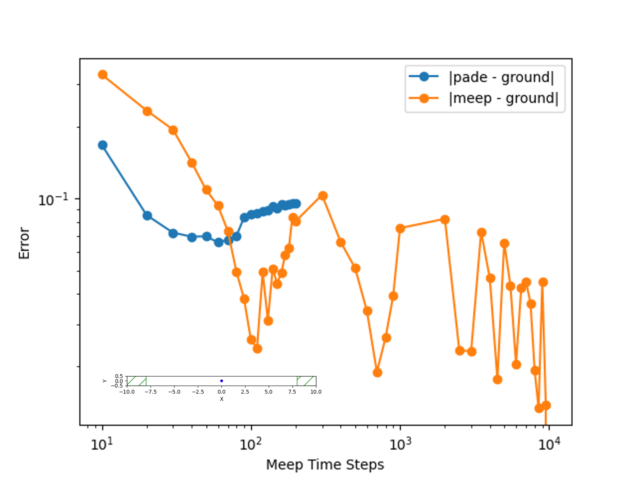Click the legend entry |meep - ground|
coord(503,98)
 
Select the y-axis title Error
coord(24,243)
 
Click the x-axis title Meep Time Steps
coord(325,464)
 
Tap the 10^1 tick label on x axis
coord(102,444)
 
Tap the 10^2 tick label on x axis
coord(251,444)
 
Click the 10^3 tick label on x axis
coord(400,444)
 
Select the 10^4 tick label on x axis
coord(549,444)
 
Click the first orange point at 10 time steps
coord(103,74)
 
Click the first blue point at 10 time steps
coord(103,145)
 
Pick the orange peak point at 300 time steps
coord(323,196)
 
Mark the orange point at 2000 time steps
coord(445,220)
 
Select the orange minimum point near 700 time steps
coord(377,373)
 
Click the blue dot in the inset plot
coord(221,381)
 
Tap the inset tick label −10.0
coord(127,392)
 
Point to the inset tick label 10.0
coord(316,392)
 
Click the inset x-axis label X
coord(221,399)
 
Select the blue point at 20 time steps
coord(147,216)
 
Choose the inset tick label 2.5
coord(245,392)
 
